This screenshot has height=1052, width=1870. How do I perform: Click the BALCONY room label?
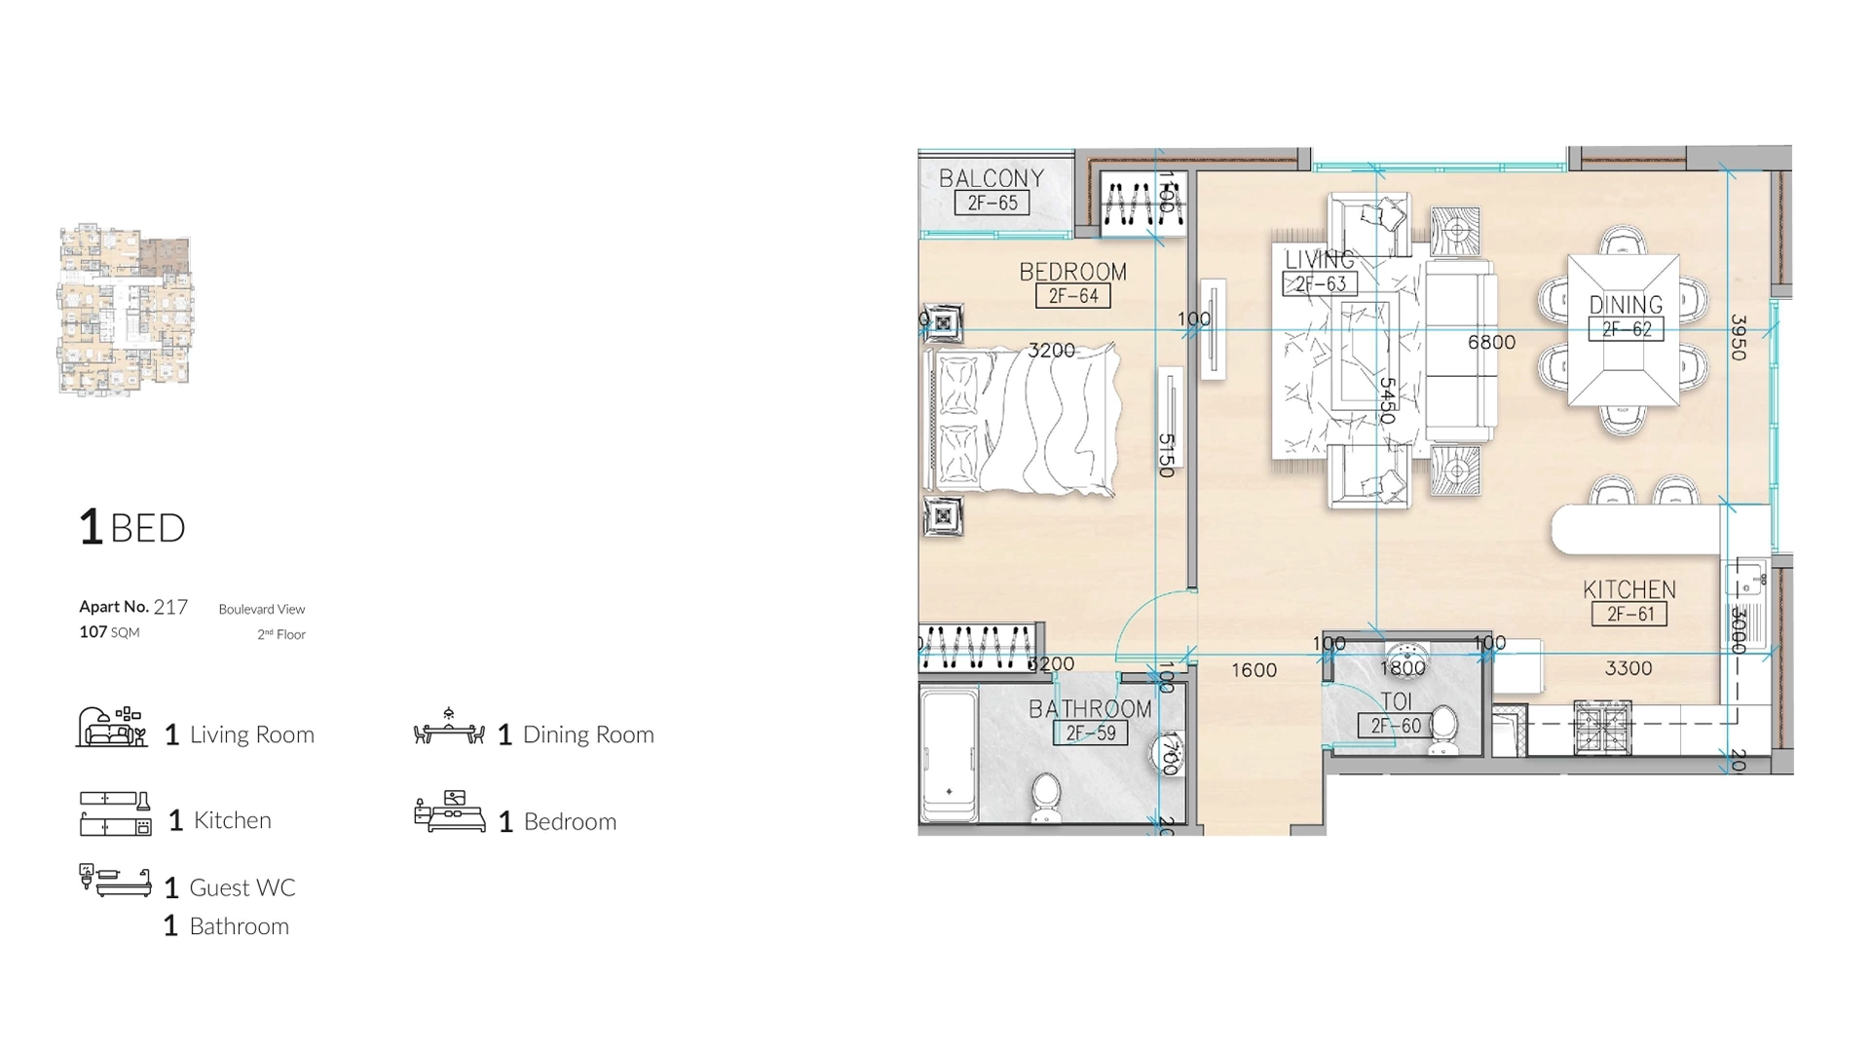(991, 178)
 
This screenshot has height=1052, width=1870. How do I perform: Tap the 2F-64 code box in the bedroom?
(1072, 296)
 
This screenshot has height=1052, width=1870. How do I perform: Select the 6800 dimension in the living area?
(1491, 342)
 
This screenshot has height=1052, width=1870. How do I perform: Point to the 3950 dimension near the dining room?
(1739, 337)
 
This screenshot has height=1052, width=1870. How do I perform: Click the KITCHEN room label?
(1628, 589)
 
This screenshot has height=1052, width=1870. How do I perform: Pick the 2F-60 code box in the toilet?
(1395, 726)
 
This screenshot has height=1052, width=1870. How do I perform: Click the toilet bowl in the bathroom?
(1045, 797)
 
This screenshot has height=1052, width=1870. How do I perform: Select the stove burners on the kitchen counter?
(1602, 728)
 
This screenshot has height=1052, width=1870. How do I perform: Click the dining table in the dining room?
(1623, 329)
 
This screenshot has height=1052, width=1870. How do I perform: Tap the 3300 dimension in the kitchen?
(1627, 668)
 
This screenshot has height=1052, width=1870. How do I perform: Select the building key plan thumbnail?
(126, 309)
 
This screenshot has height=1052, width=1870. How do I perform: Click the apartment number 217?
(170, 607)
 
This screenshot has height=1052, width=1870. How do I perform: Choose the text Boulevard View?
(261, 609)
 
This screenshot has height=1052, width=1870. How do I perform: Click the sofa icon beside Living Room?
(112, 728)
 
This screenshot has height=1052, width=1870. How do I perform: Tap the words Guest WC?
(242, 887)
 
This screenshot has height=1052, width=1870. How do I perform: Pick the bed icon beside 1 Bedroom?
(449, 812)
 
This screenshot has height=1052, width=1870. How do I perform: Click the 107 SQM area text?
(109, 632)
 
